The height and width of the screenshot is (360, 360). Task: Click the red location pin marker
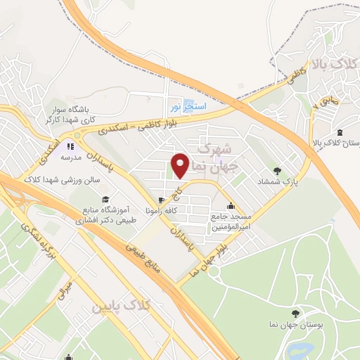click(x=181, y=165)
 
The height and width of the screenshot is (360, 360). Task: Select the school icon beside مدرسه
click(x=70, y=146)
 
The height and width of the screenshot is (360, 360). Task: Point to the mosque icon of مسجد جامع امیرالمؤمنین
click(x=231, y=206)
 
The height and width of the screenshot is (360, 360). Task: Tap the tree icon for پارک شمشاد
click(x=276, y=170)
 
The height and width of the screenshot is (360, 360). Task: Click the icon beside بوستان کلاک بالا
click(x=340, y=133)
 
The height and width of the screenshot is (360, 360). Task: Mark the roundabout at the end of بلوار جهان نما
click(x=214, y=271)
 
